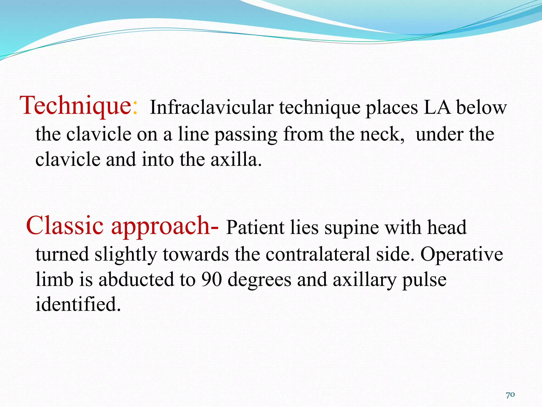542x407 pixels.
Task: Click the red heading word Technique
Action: pos(75,106)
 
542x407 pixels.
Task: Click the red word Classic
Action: pos(65,226)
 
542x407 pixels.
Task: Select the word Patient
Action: pos(255,228)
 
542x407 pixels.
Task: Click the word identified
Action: pos(78,304)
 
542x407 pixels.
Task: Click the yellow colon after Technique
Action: pos(135,109)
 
